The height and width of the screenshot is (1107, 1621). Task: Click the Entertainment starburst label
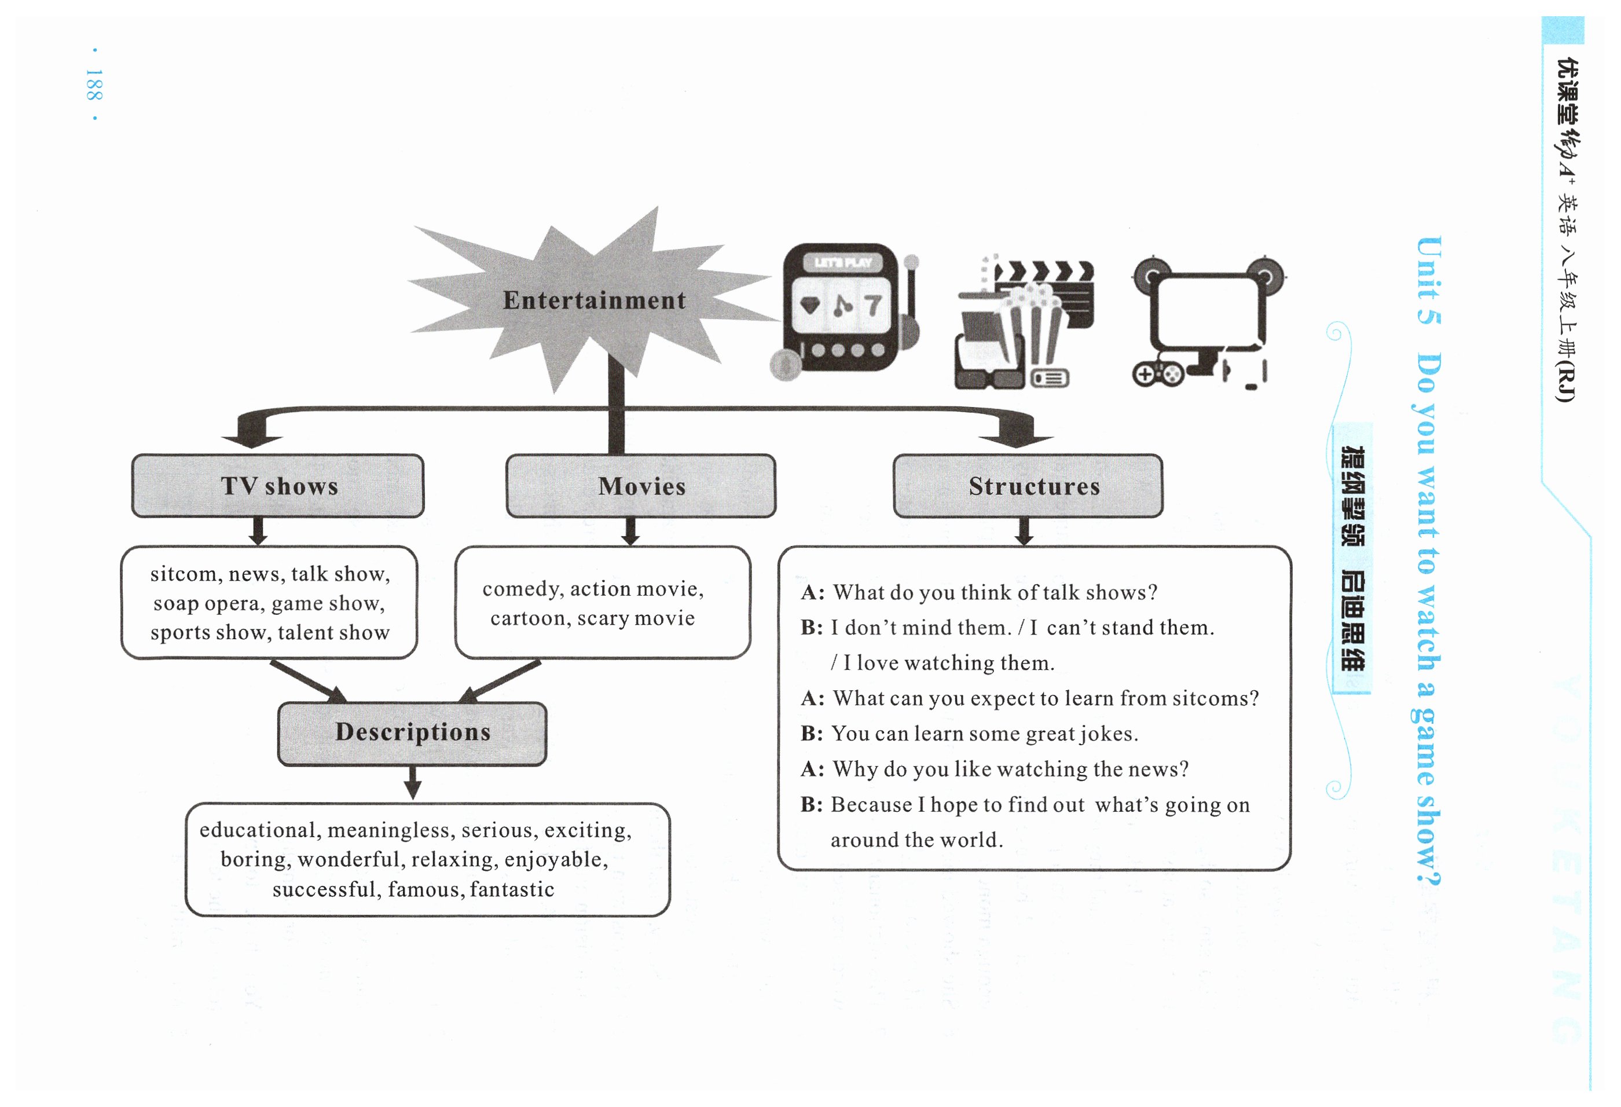(x=595, y=300)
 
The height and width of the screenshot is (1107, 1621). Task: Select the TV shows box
(x=278, y=486)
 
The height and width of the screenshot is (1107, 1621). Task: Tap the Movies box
(x=641, y=486)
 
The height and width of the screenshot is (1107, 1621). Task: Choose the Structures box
(x=1028, y=486)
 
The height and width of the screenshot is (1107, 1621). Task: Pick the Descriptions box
(x=412, y=732)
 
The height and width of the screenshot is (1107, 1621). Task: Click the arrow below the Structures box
(x=1024, y=531)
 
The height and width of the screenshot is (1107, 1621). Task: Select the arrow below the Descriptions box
(x=412, y=783)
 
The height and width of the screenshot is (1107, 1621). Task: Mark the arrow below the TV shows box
(x=258, y=531)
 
